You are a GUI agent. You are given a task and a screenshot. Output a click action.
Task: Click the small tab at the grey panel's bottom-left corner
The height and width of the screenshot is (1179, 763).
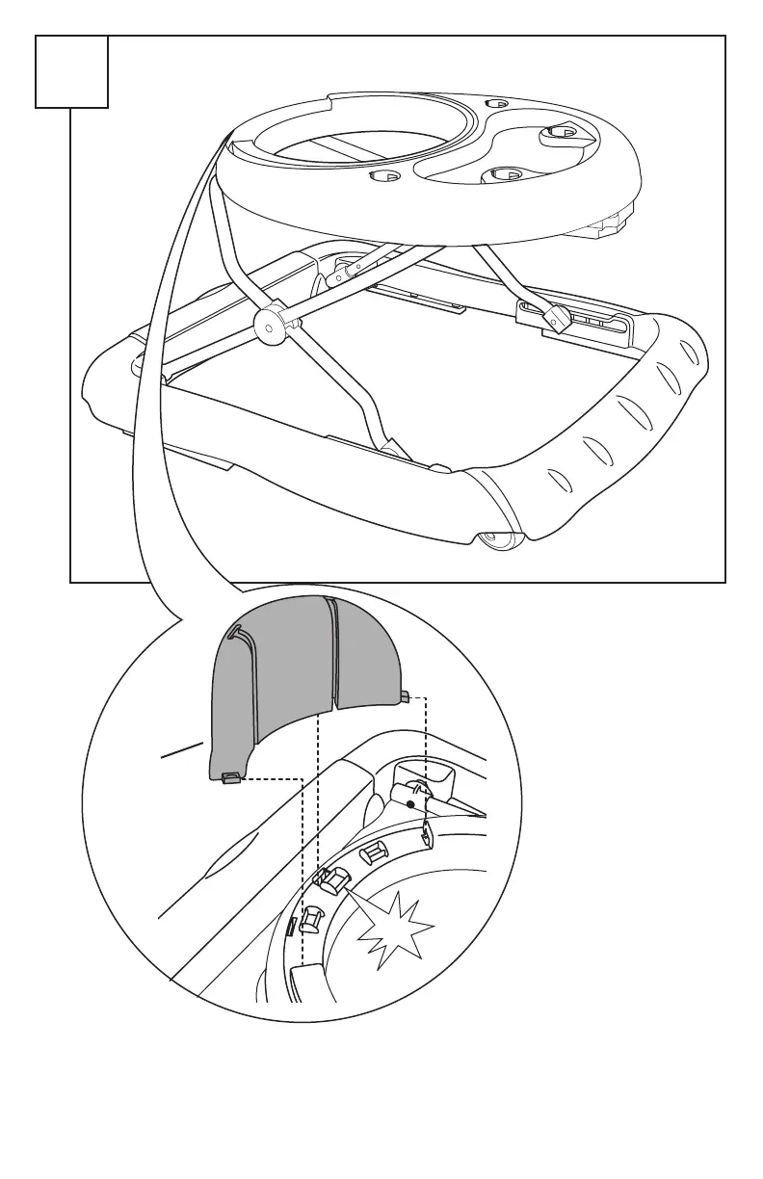tap(230, 777)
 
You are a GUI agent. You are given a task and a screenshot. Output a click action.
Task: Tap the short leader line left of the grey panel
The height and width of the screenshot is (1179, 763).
tap(182, 749)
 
